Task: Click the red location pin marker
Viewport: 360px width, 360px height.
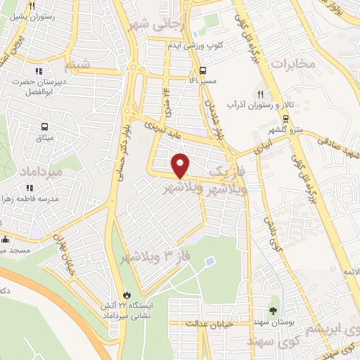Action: click(181, 165)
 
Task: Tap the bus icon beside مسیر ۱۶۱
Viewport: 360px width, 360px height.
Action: click(203, 70)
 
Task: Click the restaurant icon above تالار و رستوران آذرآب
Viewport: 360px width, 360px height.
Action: click(260, 94)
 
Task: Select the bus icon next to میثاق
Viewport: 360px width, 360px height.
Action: click(45, 127)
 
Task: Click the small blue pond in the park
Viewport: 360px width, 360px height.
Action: click(210, 262)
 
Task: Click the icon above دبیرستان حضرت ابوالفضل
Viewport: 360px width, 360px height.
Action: click(39, 70)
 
